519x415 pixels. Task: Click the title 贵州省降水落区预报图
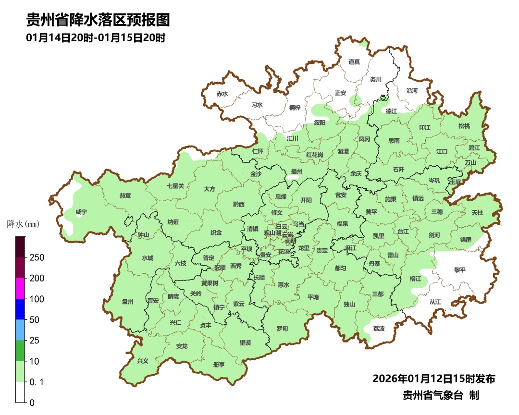98,20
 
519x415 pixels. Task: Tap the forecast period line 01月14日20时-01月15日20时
96,38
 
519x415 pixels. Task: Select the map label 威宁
82,212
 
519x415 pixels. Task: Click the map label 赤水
222,94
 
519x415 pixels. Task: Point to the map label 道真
354,61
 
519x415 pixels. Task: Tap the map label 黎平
460,270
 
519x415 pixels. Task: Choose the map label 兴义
143,361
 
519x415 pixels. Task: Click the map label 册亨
219,365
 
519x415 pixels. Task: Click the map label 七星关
175,186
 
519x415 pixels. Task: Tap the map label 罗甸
282,329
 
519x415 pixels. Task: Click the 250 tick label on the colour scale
37,257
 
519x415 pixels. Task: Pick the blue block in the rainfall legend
20,309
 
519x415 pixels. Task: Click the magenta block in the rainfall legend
20,288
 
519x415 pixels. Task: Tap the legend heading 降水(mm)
23,224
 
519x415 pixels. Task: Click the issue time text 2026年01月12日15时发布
433,378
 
